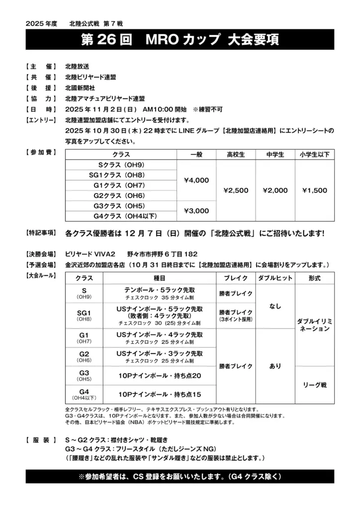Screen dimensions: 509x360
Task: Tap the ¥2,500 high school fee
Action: coord(236,190)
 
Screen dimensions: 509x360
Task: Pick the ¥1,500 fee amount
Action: coord(314,190)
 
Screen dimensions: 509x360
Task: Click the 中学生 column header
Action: coord(275,155)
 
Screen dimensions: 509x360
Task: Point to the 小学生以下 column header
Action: coord(314,155)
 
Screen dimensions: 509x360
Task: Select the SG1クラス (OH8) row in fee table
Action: coord(121,174)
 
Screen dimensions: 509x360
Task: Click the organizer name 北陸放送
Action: coord(77,67)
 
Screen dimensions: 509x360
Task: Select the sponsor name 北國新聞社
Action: coord(80,87)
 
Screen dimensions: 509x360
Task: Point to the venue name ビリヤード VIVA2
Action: coord(90,253)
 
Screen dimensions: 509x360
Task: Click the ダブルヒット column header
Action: coord(275,277)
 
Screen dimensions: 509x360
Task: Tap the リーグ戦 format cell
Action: coord(314,384)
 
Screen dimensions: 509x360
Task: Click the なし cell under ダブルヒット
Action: coord(275,307)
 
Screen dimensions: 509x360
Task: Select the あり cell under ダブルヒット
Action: coord(275,366)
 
